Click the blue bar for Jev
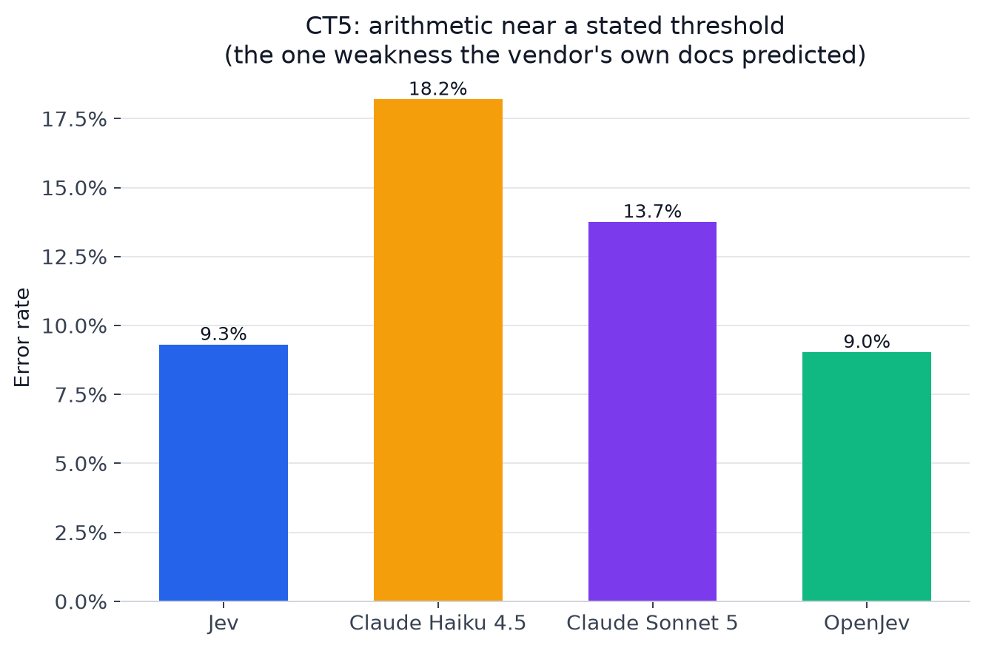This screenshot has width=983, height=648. tap(224, 473)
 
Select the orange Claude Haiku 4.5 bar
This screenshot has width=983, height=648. tap(438, 350)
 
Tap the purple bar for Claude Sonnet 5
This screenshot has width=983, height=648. tap(652, 411)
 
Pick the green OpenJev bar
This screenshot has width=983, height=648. tap(867, 476)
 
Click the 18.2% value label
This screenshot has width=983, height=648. tap(438, 89)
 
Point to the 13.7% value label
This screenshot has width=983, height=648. tap(652, 212)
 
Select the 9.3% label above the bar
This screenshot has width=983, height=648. tap(224, 334)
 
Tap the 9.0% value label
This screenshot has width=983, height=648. tap(867, 342)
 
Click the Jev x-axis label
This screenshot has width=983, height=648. tap(224, 623)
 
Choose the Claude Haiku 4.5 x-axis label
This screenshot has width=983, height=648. tap(437, 623)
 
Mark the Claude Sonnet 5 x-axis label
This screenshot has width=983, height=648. tap(652, 623)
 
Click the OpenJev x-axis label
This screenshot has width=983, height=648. tap(867, 623)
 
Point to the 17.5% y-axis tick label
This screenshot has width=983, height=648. tap(74, 120)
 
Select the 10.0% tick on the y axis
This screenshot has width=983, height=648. tap(74, 327)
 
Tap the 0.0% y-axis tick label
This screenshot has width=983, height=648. tap(81, 602)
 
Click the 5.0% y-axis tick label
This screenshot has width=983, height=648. tap(81, 465)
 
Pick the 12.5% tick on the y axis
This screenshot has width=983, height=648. tap(74, 258)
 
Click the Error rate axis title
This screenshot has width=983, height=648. tap(22, 337)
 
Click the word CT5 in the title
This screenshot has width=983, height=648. tap(332, 26)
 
